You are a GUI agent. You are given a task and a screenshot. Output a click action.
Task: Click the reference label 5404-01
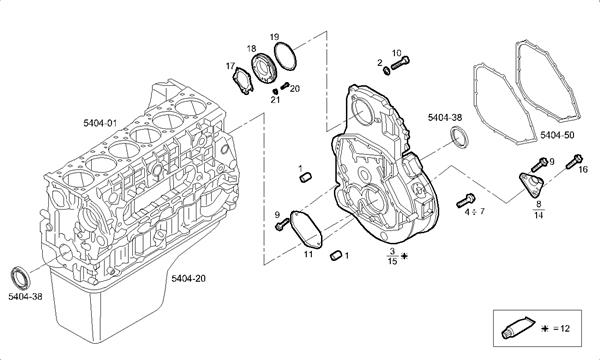pyautogui.click(x=100, y=123)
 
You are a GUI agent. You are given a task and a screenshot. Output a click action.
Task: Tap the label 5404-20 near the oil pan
pyautogui.click(x=188, y=278)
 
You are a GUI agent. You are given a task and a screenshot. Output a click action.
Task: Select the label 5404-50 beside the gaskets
pyautogui.click(x=557, y=135)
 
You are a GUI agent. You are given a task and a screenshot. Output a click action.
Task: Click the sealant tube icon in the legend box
pyautogui.click(x=518, y=328)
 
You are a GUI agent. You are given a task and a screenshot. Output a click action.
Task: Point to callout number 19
pyautogui.click(x=274, y=37)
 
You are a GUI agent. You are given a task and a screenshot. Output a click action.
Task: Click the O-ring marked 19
pyautogui.click(x=285, y=56)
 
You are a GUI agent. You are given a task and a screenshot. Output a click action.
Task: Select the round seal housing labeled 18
pyautogui.click(x=262, y=68)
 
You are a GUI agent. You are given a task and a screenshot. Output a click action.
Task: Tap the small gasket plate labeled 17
pyautogui.click(x=243, y=80)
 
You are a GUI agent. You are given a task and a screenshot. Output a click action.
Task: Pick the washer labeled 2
pyautogui.click(x=386, y=70)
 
